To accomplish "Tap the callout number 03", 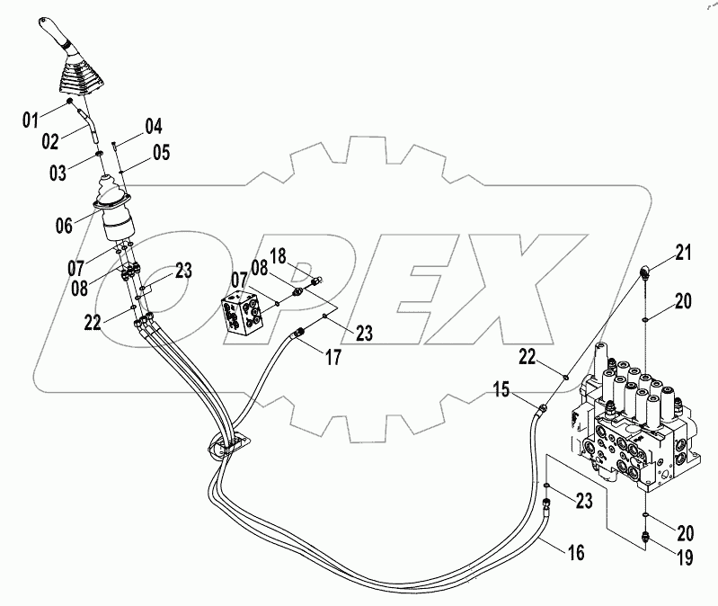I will pyautogui.click(x=58, y=172).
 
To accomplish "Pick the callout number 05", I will pyautogui.click(x=160, y=152).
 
